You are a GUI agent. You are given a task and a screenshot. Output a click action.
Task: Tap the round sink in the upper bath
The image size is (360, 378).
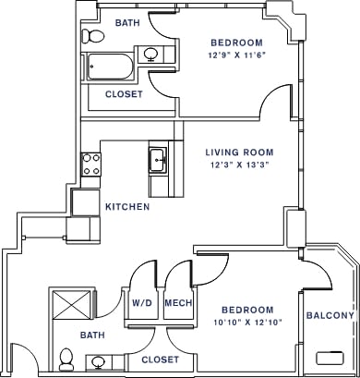[x=150, y=55]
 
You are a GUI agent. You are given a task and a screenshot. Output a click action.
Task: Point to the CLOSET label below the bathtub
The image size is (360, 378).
[x=123, y=94]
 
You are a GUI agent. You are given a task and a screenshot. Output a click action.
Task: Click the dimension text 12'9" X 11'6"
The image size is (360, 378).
[x=236, y=55]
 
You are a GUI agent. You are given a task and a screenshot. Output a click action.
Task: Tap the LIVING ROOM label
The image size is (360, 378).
[x=239, y=152]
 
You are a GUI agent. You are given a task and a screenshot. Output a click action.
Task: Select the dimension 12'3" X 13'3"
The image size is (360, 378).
[x=238, y=166]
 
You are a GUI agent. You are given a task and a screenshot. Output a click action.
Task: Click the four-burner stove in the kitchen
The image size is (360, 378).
[x=91, y=165]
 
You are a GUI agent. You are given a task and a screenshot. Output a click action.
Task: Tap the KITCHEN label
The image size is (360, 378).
[x=126, y=207]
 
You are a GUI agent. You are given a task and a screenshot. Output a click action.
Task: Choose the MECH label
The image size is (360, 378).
[x=176, y=303]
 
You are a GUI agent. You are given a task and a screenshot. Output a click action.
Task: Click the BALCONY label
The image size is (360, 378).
[x=329, y=316]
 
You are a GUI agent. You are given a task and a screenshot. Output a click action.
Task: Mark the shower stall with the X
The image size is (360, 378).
[x=70, y=303]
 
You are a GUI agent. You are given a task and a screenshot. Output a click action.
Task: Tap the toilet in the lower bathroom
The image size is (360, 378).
[x=66, y=357]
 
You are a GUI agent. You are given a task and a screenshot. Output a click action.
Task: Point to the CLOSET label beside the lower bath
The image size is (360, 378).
[x=160, y=359]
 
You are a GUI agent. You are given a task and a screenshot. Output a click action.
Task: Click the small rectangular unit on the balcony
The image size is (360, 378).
[x=329, y=357]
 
